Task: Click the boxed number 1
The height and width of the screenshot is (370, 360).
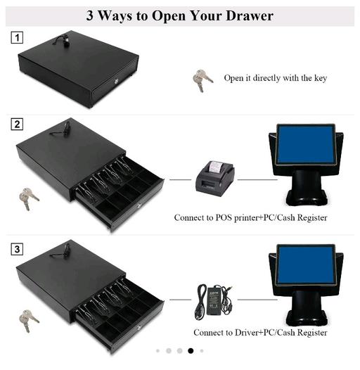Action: (17, 37)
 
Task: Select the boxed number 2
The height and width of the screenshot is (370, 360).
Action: (17, 124)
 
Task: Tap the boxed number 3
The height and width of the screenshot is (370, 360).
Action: (17, 249)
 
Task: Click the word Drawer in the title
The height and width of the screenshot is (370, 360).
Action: (250, 15)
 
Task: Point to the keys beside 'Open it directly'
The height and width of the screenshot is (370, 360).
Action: (202, 80)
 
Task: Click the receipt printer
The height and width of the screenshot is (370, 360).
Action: (215, 179)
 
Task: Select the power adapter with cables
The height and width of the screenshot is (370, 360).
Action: (214, 302)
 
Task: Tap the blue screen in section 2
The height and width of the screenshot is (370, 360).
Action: (307, 144)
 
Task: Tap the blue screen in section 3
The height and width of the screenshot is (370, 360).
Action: (307, 264)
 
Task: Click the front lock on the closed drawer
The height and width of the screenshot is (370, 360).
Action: (116, 82)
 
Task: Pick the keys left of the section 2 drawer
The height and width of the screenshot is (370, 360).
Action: (29, 198)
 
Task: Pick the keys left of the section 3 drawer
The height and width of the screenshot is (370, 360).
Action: (29, 321)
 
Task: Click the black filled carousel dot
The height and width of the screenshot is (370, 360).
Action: (191, 351)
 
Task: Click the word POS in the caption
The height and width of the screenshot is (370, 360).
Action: (224, 217)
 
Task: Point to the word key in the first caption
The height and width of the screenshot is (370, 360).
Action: (321, 78)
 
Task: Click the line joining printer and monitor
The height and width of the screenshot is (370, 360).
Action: (257, 180)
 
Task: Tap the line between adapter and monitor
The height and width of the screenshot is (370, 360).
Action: (257, 300)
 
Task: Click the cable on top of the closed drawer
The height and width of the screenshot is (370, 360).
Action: (63, 41)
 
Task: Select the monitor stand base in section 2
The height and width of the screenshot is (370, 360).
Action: (307, 200)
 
